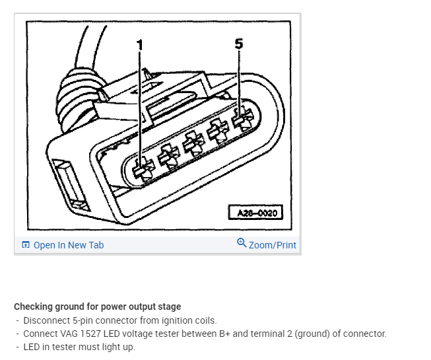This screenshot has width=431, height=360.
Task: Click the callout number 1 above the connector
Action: (x=139, y=45)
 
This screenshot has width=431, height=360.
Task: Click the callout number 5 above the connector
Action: (x=238, y=44)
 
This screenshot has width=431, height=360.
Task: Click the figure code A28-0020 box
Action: (x=255, y=213)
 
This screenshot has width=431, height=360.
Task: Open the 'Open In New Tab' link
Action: (x=69, y=245)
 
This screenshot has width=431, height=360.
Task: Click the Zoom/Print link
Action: (x=272, y=245)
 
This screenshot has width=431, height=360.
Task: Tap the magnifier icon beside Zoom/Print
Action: (x=242, y=244)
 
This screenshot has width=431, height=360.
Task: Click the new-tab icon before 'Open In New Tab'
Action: (x=26, y=245)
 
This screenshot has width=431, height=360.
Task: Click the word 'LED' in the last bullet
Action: (x=32, y=347)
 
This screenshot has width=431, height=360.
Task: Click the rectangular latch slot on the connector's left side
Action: (x=71, y=182)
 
